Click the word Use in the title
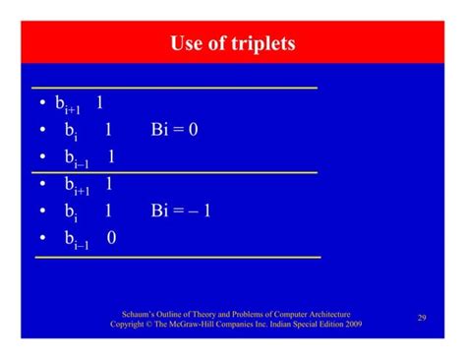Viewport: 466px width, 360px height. (189, 44)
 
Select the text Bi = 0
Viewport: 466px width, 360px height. (174, 129)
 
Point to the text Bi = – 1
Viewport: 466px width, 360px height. (181, 210)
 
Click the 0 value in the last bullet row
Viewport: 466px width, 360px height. (110, 236)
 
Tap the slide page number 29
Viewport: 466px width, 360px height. (421, 317)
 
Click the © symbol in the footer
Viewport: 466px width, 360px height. (153, 323)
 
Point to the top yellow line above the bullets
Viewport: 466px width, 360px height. (177, 88)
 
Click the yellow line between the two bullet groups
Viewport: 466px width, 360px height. (177, 172)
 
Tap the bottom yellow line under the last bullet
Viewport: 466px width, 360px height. (177, 258)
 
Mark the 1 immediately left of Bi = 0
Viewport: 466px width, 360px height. (108, 129)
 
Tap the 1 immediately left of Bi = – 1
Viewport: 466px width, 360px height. (108, 210)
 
